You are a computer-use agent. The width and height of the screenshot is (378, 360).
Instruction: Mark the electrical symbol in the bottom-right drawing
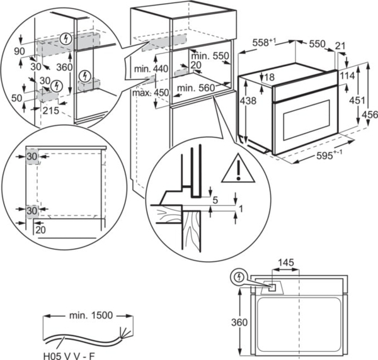point(238,276)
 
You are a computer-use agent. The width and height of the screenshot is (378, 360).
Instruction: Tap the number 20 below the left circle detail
point(41,230)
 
